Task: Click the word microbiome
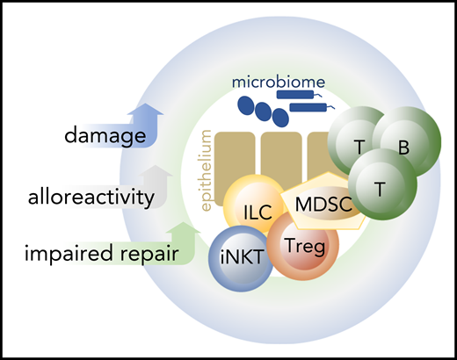pyautogui.click(x=279, y=83)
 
